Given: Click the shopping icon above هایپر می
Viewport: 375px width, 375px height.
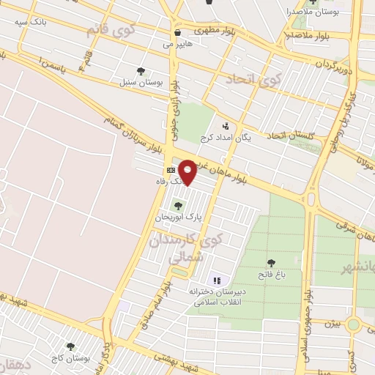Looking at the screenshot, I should pos(178,32).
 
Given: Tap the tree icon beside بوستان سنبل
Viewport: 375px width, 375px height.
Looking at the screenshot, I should pos(141,71).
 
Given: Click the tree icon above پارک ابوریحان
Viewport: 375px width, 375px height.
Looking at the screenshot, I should pos(178,207).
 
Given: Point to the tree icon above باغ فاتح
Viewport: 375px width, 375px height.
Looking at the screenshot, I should pos(272,262).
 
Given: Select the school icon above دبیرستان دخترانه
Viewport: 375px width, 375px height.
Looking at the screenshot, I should pos(216,280).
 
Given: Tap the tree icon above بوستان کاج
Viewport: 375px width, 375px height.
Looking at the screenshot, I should pos(70,346).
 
